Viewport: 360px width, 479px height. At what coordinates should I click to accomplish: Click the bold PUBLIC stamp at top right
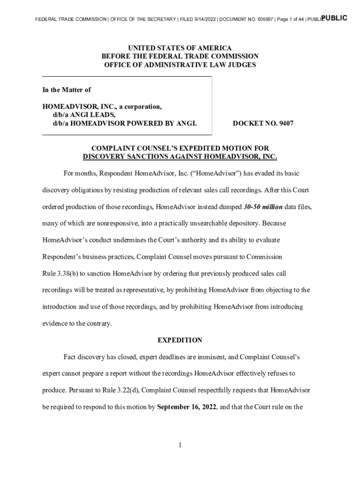(335, 18)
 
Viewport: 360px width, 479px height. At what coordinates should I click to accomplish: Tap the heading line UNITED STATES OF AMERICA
(180, 48)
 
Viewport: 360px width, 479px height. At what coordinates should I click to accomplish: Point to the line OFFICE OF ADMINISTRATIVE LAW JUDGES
(180, 65)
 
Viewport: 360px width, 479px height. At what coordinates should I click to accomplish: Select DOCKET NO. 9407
(263, 123)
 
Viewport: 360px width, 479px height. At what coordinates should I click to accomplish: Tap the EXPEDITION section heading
(180, 340)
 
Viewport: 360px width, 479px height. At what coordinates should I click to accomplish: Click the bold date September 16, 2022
(187, 407)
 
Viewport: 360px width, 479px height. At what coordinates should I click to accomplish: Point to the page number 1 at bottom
(180, 445)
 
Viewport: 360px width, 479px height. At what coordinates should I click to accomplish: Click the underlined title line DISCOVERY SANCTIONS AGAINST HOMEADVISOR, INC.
(180, 157)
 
